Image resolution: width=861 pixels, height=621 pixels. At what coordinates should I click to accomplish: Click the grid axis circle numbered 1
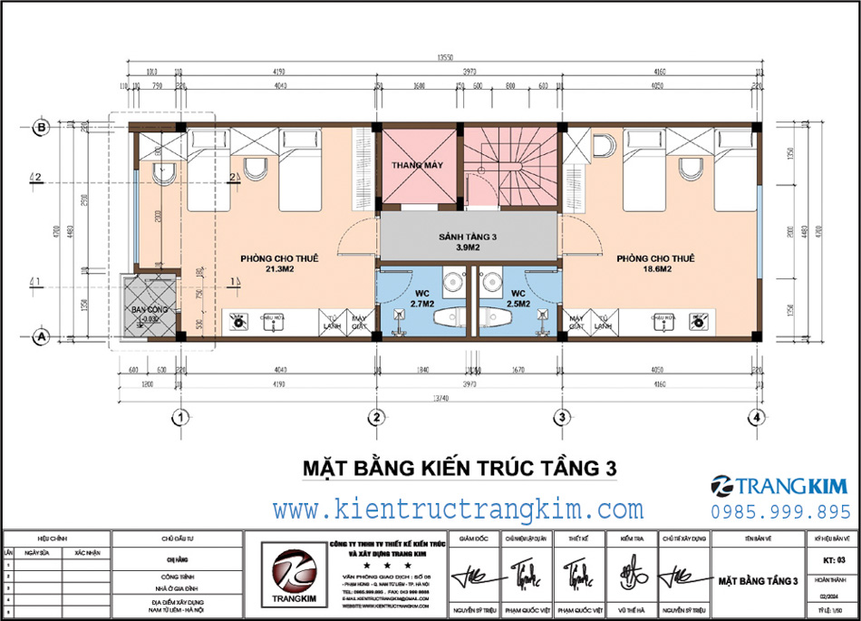tap(181, 417)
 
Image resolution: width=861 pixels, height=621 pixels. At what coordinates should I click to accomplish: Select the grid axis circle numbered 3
tap(562, 417)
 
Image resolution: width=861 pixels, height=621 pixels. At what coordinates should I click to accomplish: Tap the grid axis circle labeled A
tap(40, 335)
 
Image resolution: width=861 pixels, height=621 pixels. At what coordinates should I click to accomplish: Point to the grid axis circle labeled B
tap(40, 127)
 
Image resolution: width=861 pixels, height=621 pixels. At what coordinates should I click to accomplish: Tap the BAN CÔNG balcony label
tap(145, 313)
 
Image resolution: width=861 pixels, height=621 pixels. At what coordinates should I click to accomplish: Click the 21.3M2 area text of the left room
tap(279, 269)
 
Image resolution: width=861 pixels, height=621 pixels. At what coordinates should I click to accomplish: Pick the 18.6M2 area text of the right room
tap(655, 269)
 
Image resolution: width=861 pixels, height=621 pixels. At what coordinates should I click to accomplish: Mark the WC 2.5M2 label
tap(518, 298)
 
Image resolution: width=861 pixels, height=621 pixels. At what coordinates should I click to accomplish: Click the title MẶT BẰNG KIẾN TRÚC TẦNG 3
tap(459, 468)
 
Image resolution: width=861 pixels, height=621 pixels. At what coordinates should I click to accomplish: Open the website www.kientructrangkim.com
tap(459, 509)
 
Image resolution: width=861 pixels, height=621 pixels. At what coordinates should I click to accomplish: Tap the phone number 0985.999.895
tap(780, 512)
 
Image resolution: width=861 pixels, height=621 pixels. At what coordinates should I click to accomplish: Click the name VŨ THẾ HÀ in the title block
tap(632, 611)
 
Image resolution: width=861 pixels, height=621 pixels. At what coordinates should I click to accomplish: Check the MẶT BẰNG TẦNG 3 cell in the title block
tap(757, 579)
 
